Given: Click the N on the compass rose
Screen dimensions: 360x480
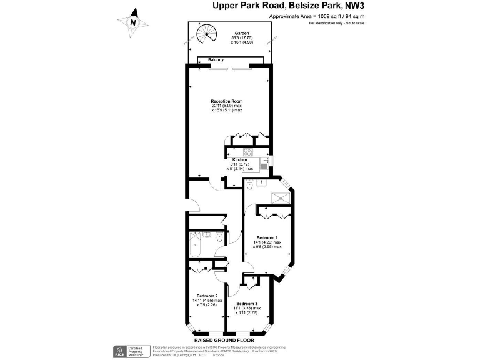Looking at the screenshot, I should (x=133, y=22).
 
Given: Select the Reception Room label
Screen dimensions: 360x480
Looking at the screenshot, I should (x=226, y=101).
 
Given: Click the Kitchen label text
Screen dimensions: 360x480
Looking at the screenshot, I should (x=240, y=159).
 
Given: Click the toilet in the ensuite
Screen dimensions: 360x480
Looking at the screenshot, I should (x=250, y=185).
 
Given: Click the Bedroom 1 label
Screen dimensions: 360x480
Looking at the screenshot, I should (x=267, y=237).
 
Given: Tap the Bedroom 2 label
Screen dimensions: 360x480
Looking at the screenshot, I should (x=207, y=296).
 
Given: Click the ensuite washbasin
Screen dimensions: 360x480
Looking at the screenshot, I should (x=262, y=183).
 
